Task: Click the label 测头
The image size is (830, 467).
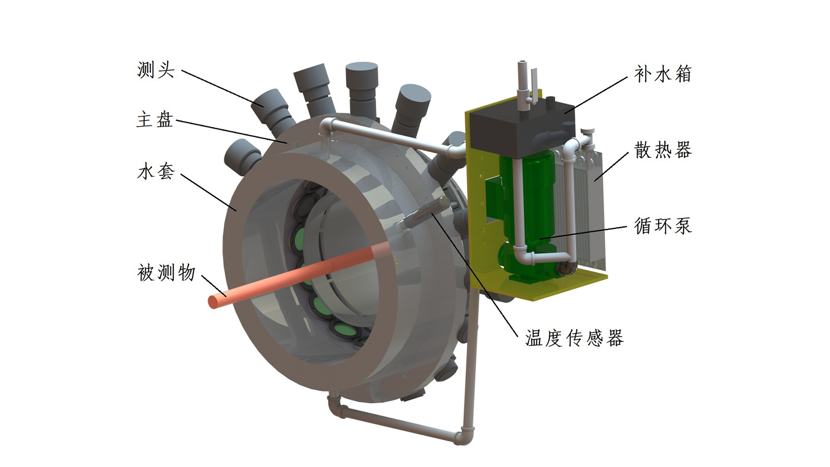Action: tap(156, 70)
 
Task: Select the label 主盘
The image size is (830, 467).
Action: tap(155, 119)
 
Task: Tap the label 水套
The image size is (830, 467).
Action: tap(156, 171)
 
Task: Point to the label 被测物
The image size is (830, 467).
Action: tap(166, 273)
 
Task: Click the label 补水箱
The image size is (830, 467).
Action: tap(662, 74)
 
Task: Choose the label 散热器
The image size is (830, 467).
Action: tap(662, 150)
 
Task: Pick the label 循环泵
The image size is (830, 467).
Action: tap(662, 226)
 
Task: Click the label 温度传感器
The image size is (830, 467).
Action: tap(574, 338)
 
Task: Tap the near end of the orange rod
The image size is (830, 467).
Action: tap(214, 301)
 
